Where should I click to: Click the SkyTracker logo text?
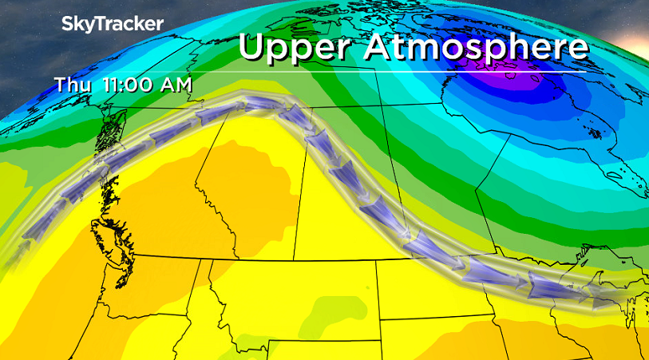click(113, 24)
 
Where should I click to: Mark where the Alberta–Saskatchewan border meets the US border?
click(295, 259)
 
